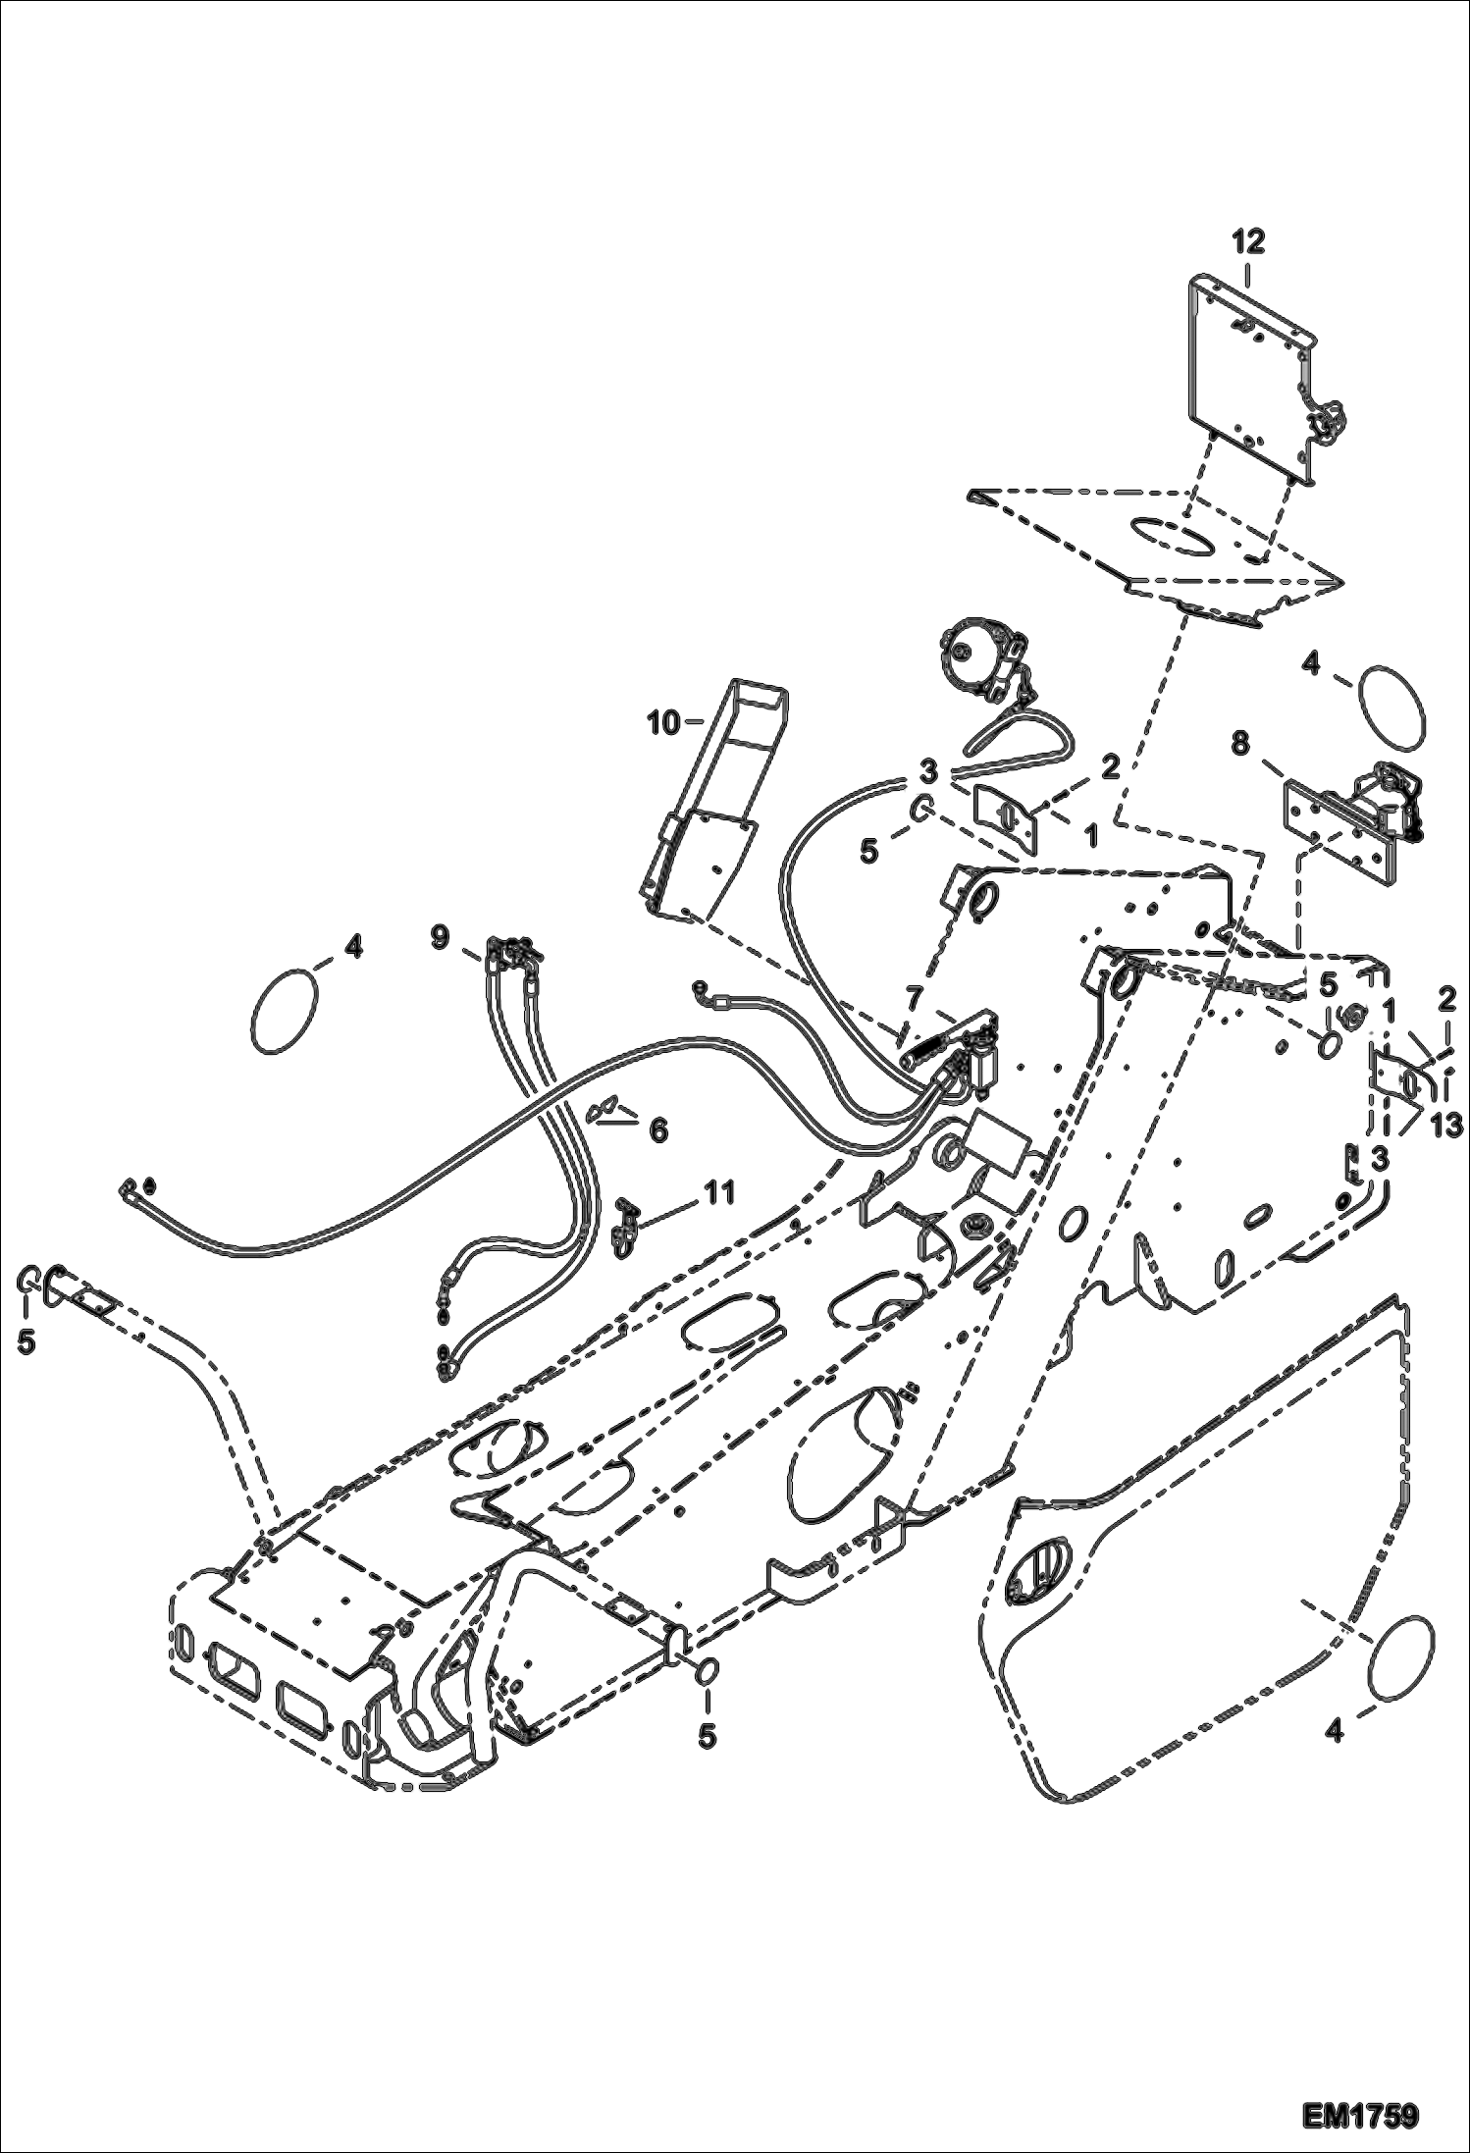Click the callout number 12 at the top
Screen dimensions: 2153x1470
point(1249,241)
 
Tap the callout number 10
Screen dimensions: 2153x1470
point(662,724)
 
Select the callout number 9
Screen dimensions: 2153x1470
point(440,937)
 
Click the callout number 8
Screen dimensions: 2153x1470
point(1240,746)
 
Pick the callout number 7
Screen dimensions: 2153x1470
point(914,997)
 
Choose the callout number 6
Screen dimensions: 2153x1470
point(656,1130)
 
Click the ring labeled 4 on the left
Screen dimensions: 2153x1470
point(286,1012)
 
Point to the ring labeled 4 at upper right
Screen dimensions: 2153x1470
point(1392,705)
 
